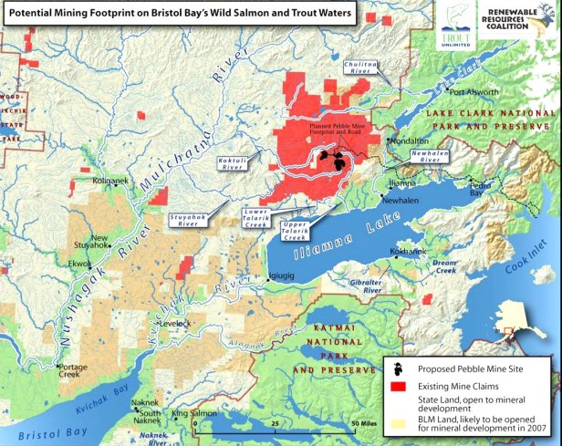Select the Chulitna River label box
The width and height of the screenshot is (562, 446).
point(361,70)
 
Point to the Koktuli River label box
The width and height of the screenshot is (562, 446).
point(231,164)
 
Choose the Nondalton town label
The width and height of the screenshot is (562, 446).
point(409,141)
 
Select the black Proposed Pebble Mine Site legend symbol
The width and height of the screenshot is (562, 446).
point(399,369)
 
